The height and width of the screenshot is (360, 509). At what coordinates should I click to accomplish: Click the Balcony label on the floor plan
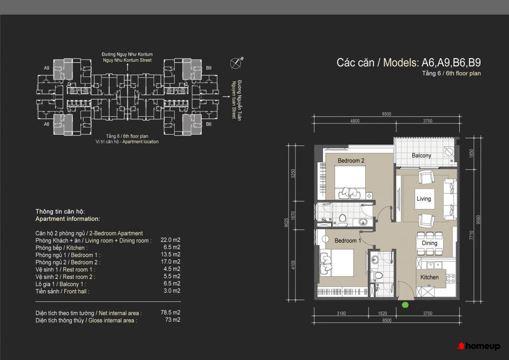coord(421,156)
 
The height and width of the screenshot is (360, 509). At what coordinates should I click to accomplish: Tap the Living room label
coord(423,198)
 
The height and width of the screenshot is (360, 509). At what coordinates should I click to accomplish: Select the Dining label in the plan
coord(430,243)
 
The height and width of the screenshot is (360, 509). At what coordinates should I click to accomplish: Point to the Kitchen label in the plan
coord(430,277)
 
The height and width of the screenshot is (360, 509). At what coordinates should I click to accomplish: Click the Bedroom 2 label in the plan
coord(351,161)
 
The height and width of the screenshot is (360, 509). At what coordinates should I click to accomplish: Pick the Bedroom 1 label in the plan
coord(347,241)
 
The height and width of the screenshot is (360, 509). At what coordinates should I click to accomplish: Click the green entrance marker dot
coord(405,305)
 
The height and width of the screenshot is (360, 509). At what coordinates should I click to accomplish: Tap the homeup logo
coord(478,346)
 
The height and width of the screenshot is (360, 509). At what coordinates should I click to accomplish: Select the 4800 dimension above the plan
coord(355,121)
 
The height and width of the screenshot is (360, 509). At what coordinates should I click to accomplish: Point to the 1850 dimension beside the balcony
coord(472,153)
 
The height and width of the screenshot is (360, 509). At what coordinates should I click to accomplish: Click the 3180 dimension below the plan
coord(341,313)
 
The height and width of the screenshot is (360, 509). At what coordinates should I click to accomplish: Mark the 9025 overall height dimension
coord(286,222)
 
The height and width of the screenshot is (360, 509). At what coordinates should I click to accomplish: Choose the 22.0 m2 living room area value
coord(170,240)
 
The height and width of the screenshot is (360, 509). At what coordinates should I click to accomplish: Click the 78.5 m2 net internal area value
coord(170,313)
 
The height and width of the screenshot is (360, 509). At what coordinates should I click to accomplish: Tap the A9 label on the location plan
coord(47,68)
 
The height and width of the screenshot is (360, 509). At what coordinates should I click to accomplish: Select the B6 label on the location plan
coord(209,124)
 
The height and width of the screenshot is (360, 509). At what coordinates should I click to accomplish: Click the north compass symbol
coord(236,62)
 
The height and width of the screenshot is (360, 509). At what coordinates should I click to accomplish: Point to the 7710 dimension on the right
coord(471,235)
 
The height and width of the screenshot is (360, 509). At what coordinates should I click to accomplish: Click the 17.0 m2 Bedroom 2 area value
coord(170,262)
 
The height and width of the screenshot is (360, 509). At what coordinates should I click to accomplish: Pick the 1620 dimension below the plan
coord(383,313)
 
